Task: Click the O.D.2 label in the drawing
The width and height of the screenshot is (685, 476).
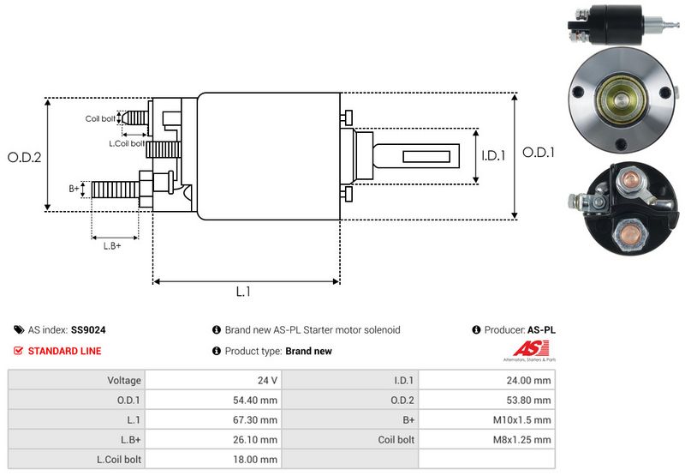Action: point(24,158)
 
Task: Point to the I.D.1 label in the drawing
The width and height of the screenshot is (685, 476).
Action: point(494,156)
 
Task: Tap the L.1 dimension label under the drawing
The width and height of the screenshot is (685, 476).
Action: point(243,292)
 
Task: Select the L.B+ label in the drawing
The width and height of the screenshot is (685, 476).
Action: point(112,246)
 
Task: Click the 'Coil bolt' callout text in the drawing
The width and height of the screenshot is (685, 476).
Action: point(100,118)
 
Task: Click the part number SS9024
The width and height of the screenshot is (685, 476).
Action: point(89,329)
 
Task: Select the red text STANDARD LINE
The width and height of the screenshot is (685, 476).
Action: point(64,351)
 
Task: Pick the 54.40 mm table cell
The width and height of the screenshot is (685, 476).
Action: point(257,400)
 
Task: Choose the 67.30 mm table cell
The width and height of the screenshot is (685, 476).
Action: point(257,419)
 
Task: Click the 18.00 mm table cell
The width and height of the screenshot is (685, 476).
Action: point(257,459)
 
